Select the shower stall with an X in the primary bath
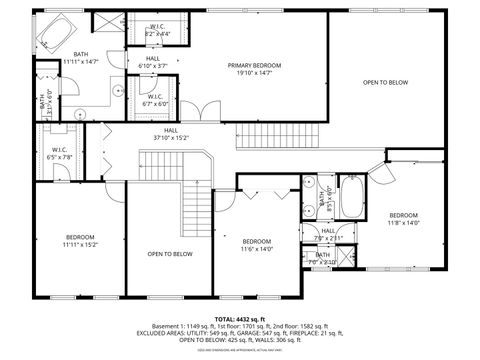[x=107, y=22]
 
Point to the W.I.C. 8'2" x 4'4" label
[x=157, y=30]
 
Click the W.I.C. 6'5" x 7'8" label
[x=58, y=153]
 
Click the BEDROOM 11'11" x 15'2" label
[x=80, y=240]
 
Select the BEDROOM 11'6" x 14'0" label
[x=257, y=244]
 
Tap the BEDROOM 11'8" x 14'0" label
[x=403, y=219]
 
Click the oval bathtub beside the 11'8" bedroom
[x=352, y=198]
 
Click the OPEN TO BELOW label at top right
[x=385, y=82]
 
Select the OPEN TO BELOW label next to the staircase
[x=169, y=254]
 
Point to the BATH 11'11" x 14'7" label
[x=81, y=58]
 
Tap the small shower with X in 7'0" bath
[x=347, y=257]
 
